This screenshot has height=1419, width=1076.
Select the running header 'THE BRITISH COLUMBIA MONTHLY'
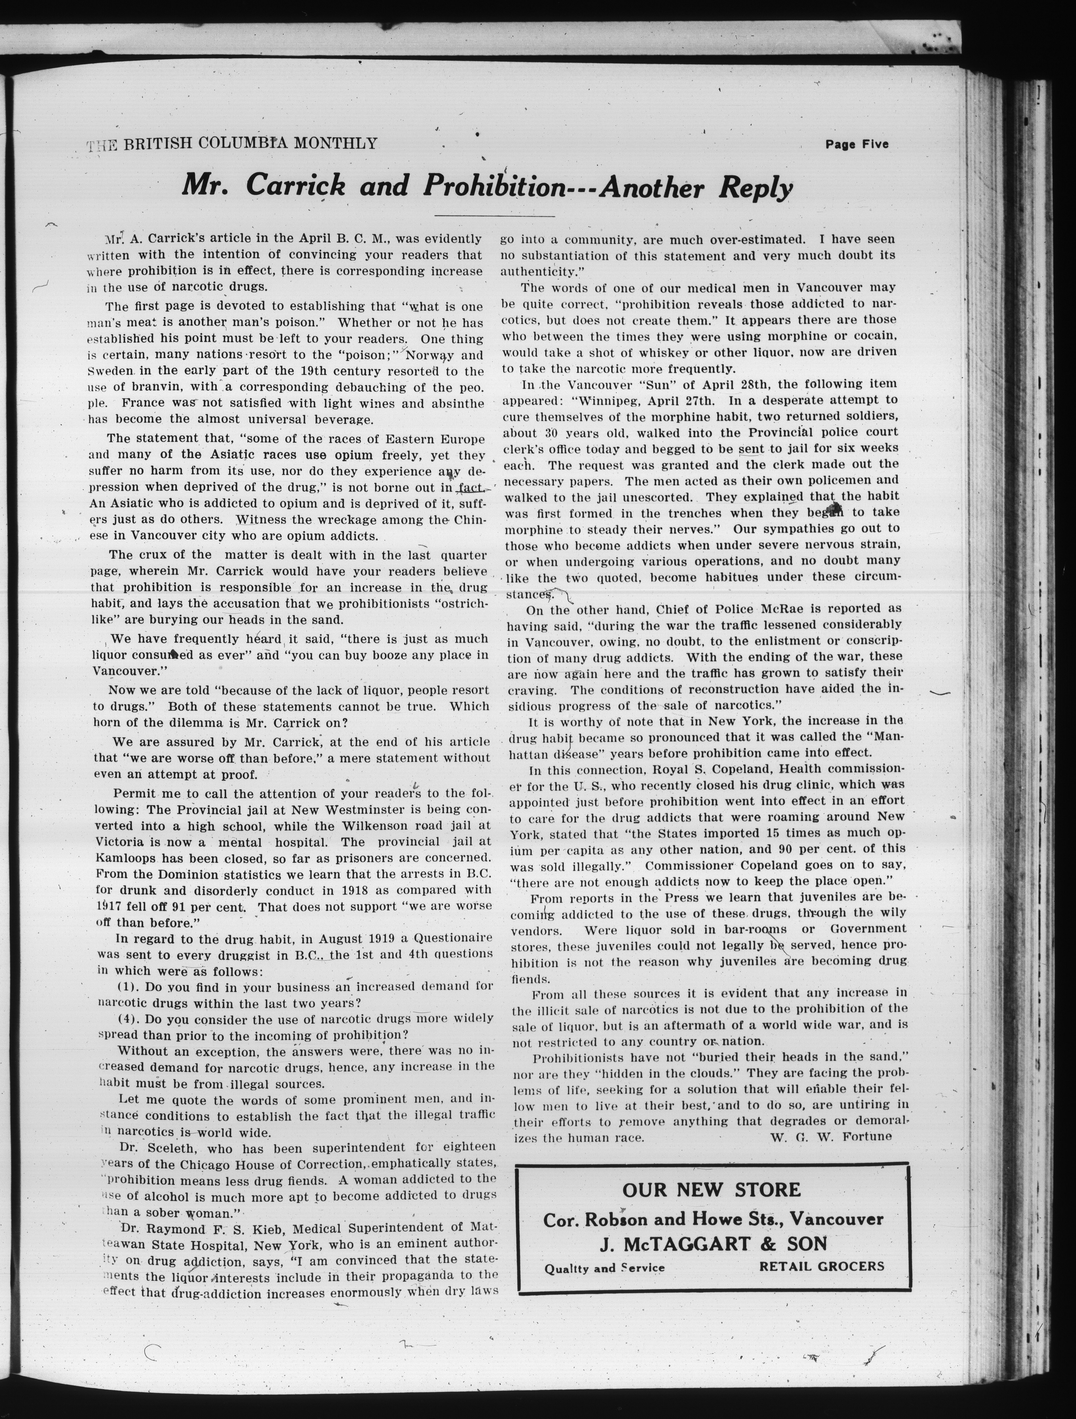click(x=232, y=144)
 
